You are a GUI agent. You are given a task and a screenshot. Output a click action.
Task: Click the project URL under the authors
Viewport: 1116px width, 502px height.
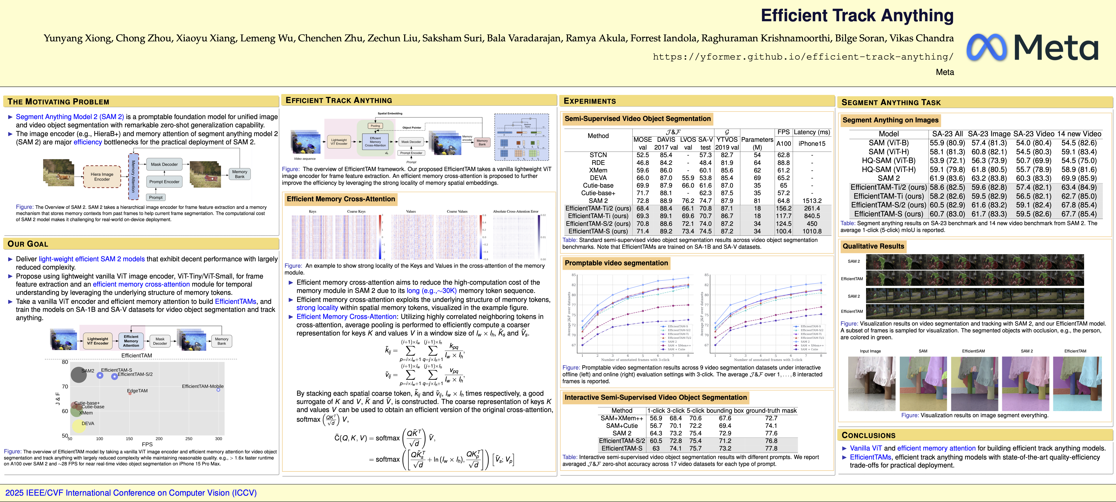803,57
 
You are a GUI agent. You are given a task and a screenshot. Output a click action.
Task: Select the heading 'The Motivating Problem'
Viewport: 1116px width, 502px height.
59,102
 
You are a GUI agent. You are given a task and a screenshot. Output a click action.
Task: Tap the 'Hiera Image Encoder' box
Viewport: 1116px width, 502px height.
102,177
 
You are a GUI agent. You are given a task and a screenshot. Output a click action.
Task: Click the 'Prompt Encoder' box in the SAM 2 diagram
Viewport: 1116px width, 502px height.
164,182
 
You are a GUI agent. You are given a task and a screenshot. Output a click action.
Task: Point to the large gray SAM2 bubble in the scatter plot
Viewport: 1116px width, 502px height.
78,375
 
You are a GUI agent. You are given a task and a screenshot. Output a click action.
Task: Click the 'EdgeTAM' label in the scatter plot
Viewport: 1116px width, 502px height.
137,391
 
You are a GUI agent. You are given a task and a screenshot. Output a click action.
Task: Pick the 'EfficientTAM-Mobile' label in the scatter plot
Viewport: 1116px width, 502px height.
202,386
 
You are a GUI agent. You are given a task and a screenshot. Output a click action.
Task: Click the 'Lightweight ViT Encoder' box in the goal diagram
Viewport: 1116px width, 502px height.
98,341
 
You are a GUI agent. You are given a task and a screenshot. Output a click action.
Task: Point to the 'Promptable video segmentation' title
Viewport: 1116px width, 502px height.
616,263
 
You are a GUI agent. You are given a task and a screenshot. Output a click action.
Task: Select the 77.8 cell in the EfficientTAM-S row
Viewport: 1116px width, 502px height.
771,448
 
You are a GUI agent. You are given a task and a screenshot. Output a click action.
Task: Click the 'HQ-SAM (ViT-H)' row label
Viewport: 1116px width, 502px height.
888,169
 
